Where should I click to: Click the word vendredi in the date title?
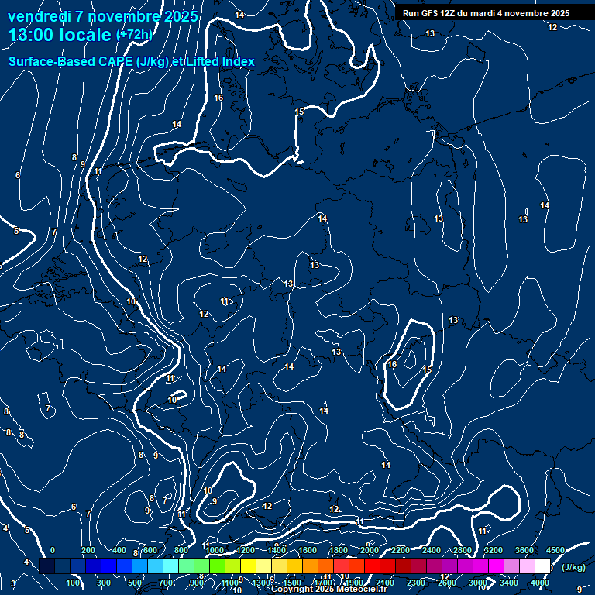click(x=40, y=16)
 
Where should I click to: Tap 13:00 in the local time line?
click(x=33, y=35)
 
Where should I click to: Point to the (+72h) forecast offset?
click(x=134, y=35)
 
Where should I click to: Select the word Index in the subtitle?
click(x=238, y=61)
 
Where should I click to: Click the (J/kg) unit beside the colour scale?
click(x=573, y=568)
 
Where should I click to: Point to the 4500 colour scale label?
click(x=555, y=550)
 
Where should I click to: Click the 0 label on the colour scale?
click(x=53, y=550)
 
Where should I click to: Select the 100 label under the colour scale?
click(x=74, y=583)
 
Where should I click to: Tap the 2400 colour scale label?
click(x=432, y=550)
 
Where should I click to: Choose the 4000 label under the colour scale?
click(x=541, y=583)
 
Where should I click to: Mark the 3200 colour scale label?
click(x=494, y=550)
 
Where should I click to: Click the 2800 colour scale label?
click(x=463, y=550)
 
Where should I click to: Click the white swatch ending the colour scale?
click(x=542, y=566)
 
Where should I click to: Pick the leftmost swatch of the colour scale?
click(x=46, y=566)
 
